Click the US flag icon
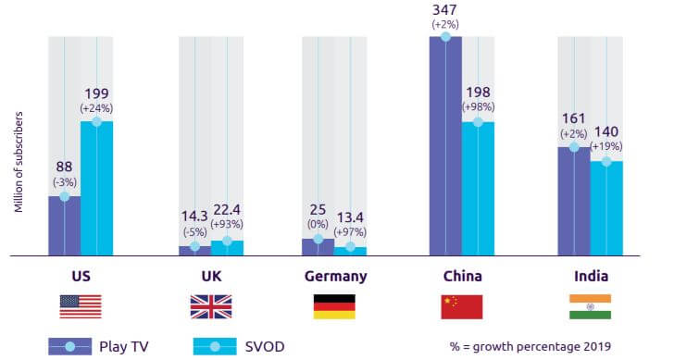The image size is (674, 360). (x=80, y=306)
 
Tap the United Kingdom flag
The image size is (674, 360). (x=210, y=306)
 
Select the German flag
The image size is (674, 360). (x=334, y=306)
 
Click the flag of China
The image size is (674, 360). (x=462, y=306)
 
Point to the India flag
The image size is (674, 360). (x=589, y=306)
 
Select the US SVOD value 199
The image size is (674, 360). (x=96, y=94)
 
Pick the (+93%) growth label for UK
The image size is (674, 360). (x=228, y=226)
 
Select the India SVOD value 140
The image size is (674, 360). (x=605, y=133)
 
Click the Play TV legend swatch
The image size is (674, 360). (x=69, y=347)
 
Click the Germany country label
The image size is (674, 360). (x=335, y=276)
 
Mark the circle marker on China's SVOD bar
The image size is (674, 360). (x=479, y=121)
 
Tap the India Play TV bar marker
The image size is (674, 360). (x=573, y=146)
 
